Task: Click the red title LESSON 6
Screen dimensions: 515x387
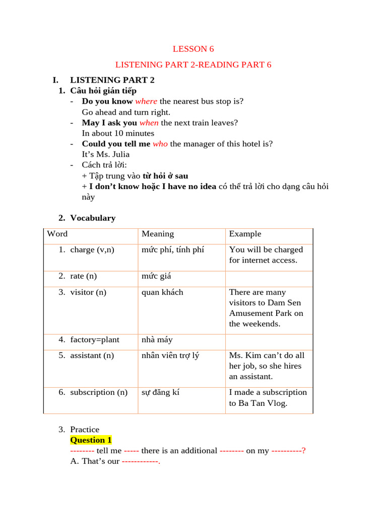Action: click(x=193, y=49)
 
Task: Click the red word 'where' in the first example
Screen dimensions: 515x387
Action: click(x=146, y=101)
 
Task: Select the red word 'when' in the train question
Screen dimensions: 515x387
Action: click(x=149, y=123)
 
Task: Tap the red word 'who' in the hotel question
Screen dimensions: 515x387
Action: click(x=160, y=144)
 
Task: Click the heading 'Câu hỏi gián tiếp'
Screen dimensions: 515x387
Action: click(x=103, y=91)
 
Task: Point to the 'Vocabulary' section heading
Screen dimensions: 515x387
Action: click(x=93, y=218)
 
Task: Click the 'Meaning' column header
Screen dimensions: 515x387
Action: click(x=158, y=234)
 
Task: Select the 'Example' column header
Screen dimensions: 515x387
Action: click(x=245, y=234)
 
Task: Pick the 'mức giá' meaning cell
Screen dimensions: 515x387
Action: click(x=157, y=276)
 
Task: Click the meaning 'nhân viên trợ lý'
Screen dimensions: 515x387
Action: click(x=170, y=356)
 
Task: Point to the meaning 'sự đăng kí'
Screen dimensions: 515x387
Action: click(x=160, y=392)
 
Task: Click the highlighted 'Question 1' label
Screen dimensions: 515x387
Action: click(x=91, y=440)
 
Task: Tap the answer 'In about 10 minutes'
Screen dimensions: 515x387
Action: click(x=118, y=133)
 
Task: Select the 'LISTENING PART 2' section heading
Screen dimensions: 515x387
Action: click(x=112, y=80)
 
